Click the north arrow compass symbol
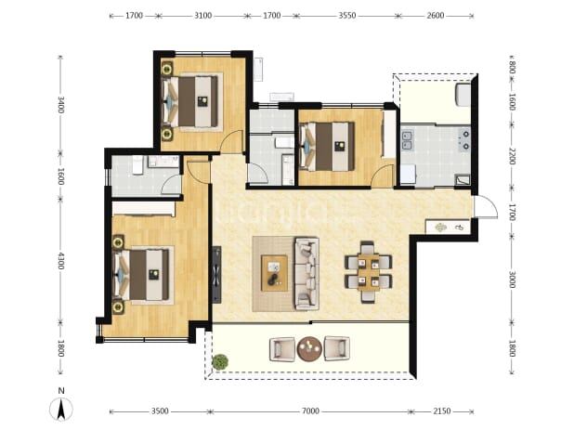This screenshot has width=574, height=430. (x=61, y=409)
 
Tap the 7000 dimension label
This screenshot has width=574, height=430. (x=310, y=411)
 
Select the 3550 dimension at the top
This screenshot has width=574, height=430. (x=347, y=16)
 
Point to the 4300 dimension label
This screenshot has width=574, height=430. (x=60, y=261)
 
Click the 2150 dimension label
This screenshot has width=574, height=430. (x=442, y=411)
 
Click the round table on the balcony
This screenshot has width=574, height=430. (x=309, y=349)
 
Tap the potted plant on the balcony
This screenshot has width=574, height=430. (x=219, y=361)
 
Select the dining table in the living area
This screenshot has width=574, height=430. (x=368, y=272)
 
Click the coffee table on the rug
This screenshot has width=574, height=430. (x=274, y=273)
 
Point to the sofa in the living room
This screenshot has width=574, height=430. (x=307, y=274)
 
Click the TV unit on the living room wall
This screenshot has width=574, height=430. (x=216, y=275)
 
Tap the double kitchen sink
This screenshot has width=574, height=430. (x=407, y=141)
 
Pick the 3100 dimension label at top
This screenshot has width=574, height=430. (x=202, y=16)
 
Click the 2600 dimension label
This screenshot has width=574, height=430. (x=436, y=16)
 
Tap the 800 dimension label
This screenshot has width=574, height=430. (x=512, y=67)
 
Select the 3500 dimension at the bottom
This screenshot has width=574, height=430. (x=160, y=411)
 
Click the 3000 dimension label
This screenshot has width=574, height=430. (x=512, y=280)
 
